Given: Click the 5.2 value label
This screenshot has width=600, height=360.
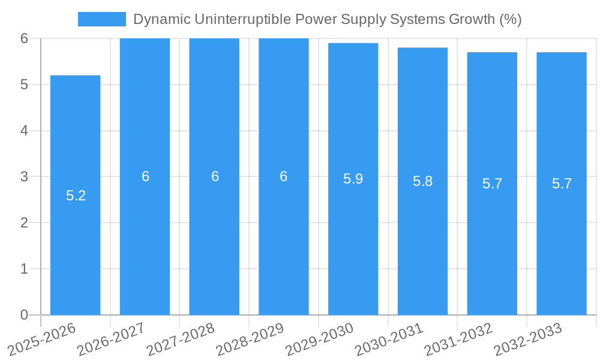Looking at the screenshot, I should click(76, 196).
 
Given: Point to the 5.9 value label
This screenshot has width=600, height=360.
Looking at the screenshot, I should click(353, 179).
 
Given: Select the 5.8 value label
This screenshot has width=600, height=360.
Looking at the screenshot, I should click(422, 181).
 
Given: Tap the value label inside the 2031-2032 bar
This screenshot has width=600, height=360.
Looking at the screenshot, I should click(492, 184).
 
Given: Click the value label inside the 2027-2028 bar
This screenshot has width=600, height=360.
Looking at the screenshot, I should click(215, 176).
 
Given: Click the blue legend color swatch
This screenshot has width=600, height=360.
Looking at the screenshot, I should click(101, 19).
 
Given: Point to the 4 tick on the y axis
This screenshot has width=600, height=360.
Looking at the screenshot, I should click(24, 131).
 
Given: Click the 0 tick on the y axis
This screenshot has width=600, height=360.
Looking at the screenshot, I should click(24, 315).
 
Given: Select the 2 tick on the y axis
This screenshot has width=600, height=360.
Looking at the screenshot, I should click(24, 223).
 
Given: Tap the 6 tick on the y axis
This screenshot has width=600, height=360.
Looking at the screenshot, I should click(24, 38).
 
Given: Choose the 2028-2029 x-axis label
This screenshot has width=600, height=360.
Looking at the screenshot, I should click(250, 340).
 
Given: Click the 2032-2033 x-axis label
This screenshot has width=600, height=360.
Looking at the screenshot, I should click(528, 340).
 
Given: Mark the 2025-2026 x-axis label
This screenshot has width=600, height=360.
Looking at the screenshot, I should click(41, 340).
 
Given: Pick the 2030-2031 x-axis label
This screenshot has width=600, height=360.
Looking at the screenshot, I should click(389, 340).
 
